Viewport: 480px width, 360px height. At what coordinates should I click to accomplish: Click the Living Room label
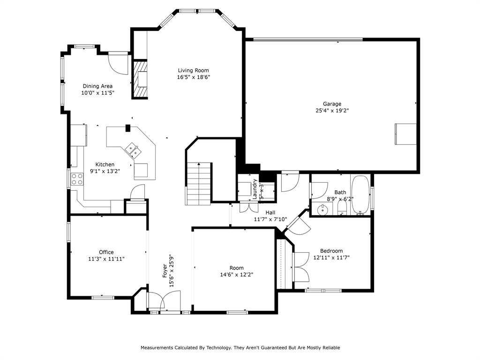point(193,70)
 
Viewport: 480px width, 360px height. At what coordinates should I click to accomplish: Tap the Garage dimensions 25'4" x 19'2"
point(332,111)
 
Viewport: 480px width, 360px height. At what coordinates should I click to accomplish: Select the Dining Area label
point(97,86)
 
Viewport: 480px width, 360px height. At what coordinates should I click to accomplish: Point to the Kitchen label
point(105,165)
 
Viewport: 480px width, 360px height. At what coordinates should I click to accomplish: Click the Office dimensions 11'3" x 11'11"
point(106,259)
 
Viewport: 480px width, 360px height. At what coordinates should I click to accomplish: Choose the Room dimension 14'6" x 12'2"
point(237,275)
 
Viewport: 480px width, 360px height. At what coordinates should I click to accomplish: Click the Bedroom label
point(331,251)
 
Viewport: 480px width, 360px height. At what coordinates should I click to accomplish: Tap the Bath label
point(340,192)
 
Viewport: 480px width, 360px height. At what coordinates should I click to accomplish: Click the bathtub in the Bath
point(360,195)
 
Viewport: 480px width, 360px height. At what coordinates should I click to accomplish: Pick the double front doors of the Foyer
point(164,301)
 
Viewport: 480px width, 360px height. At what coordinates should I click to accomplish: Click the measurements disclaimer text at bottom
point(240,348)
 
